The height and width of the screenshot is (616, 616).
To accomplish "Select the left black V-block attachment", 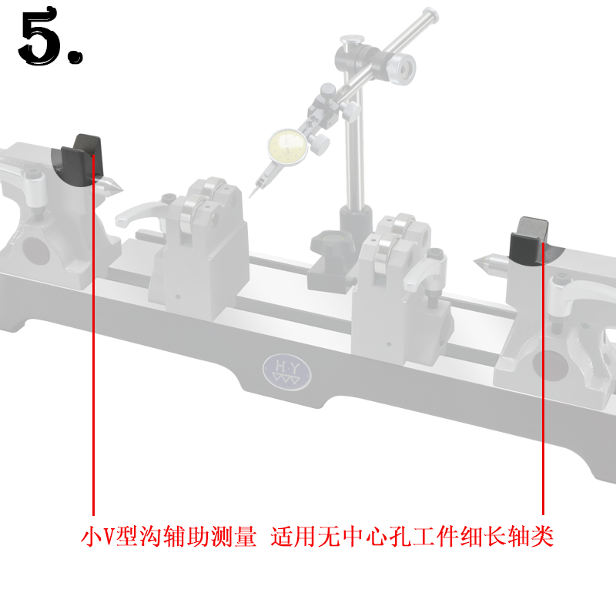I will click(82, 159).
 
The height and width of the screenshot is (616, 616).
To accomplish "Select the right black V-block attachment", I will click(530, 241).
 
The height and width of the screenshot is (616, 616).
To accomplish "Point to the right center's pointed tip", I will click(479, 260).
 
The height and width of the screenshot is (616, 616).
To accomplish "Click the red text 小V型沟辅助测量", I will click(169, 537).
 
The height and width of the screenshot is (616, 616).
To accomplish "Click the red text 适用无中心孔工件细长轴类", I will click(412, 537).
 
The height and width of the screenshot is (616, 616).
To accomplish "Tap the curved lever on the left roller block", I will click(142, 213).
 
